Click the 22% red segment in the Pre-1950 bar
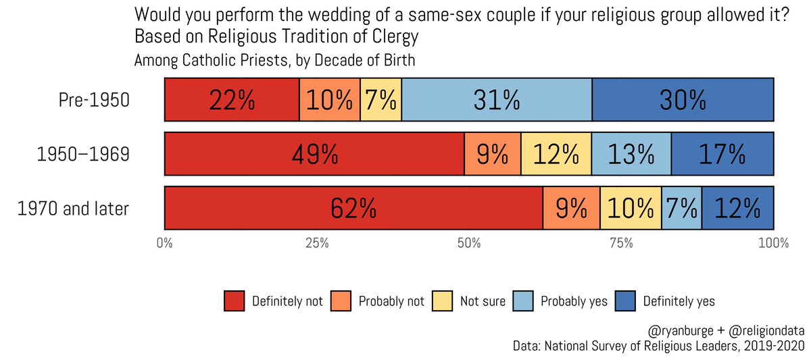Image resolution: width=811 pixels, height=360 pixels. coord(232,100)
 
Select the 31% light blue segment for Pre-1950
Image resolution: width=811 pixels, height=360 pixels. coord(497,100)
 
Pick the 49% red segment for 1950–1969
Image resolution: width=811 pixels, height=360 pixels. coord(314,155)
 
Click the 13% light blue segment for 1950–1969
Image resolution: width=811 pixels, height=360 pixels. coord(631,155)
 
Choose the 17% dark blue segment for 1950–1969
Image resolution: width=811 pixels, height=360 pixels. coord(722,155)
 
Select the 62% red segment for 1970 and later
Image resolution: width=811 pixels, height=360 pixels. coord(353,209)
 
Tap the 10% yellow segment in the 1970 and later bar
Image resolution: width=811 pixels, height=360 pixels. coord(631,209)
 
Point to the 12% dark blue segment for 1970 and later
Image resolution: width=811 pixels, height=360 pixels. coord(737,209)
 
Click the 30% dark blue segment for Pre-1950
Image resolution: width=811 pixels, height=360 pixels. coord(683,100)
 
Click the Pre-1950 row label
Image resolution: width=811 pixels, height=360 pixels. coord(94,101)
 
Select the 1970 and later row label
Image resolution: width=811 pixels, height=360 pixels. coord(72,209)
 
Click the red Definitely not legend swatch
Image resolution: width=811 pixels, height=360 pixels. coord(234,301)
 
